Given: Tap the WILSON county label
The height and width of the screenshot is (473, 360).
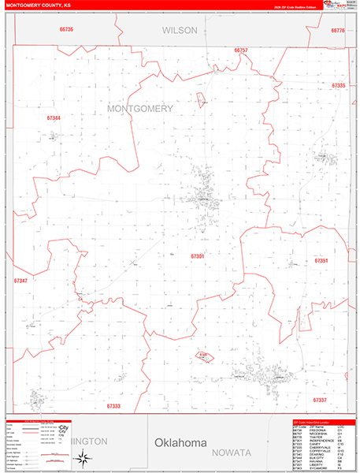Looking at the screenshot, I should coord(180,30).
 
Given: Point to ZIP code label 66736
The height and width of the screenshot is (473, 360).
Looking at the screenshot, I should coord(66,30).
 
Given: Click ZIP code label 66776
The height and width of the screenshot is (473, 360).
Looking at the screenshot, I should coord(339,30).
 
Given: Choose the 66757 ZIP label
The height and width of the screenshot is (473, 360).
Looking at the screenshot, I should coord(241,50).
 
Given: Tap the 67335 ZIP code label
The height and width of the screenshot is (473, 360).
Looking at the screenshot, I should coord(339,85).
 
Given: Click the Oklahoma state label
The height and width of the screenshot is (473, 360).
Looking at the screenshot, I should coord(180,443).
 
